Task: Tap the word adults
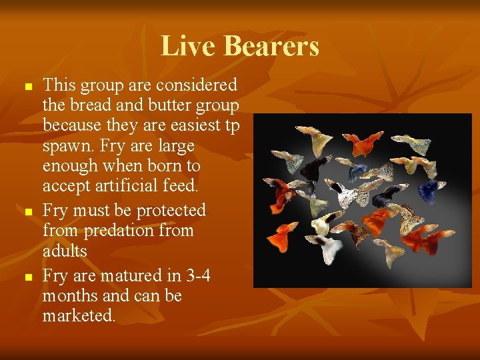(65, 251)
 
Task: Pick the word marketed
(79, 315)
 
